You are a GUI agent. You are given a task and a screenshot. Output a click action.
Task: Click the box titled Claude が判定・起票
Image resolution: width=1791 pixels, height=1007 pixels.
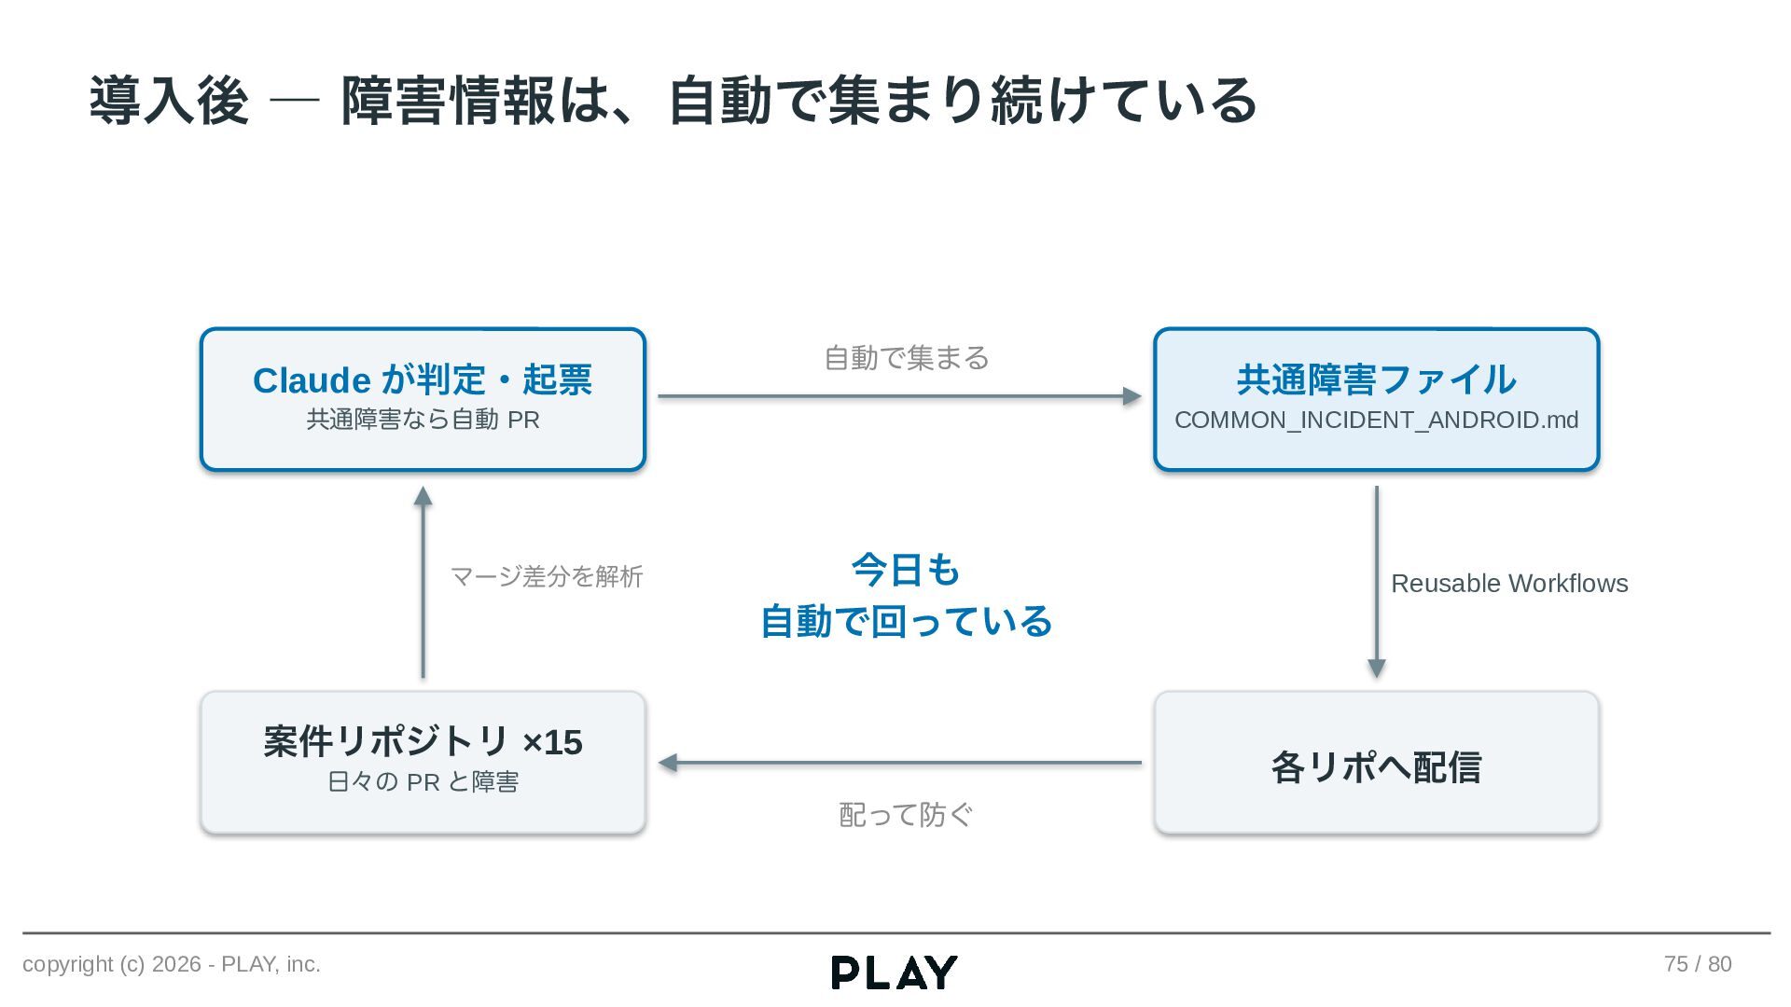coord(423,399)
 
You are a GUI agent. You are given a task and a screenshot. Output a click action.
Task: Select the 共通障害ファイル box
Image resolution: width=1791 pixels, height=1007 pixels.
coord(1376,399)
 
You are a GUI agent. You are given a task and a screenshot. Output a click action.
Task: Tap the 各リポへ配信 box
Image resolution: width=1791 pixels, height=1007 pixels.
coord(1376,763)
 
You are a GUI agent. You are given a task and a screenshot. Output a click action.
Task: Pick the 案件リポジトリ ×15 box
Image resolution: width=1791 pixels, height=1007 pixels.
coord(423,763)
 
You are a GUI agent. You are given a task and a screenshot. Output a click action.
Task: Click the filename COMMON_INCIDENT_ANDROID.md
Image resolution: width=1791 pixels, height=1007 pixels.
coord(1376,421)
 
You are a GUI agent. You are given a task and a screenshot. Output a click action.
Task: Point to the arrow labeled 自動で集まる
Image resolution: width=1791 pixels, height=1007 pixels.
coord(899,396)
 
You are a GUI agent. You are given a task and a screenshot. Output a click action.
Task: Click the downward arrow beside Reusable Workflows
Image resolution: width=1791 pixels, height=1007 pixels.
coord(1376,582)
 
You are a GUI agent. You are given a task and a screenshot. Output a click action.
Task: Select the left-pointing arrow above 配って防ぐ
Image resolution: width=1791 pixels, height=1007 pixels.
coord(899,763)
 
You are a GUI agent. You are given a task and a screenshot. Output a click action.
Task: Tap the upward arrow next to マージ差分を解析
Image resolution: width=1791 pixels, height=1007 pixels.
coord(423,582)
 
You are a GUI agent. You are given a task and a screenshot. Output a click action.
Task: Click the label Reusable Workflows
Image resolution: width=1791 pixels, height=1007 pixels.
coord(1509,584)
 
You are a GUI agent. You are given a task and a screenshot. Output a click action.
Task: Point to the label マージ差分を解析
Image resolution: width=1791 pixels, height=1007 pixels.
coord(547,576)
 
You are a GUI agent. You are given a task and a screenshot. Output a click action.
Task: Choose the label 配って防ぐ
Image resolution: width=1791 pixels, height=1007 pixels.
coord(906,815)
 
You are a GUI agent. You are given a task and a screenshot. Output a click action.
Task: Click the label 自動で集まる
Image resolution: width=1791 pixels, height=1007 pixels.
coord(907,358)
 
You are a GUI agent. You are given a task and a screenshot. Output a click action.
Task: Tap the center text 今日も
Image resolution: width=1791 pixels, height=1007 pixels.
coord(906,570)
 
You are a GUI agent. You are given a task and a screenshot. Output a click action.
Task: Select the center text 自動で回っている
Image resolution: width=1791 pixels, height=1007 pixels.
coord(906,621)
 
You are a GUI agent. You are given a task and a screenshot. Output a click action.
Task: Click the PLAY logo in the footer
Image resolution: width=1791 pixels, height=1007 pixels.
coord(895,973)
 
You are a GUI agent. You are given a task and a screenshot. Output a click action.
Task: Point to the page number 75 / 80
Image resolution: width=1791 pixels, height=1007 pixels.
coord(1698,964)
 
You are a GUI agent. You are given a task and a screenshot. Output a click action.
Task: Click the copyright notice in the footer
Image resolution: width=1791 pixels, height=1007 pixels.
coord(172,964)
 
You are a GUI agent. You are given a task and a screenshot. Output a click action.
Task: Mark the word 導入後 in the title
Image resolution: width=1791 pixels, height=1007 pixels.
coord(169,101)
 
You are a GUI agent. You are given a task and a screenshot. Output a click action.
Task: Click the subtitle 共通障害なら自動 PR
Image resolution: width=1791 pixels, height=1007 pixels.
coord(423,420)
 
